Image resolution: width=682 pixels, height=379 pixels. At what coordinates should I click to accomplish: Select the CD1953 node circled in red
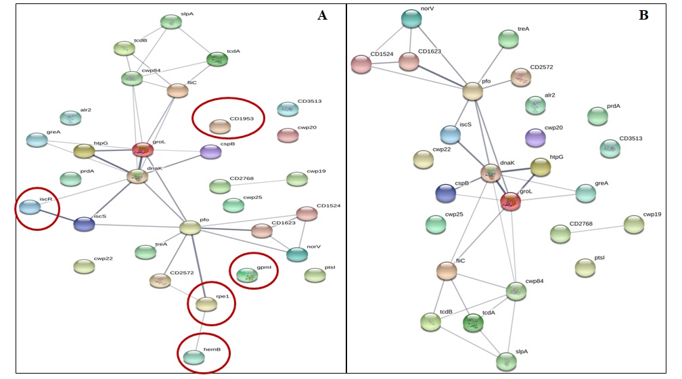(x=219, y=126)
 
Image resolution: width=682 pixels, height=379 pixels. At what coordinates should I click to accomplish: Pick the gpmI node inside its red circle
(x=247, y=274)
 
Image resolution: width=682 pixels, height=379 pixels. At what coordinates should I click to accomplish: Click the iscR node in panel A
(x=29, y=206)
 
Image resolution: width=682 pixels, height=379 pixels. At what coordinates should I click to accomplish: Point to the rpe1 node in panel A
(x=206, y=305)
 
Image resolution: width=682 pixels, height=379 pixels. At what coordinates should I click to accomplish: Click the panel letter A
(x=322, y=16)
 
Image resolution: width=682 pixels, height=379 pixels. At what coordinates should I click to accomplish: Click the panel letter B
(x=643, y=15)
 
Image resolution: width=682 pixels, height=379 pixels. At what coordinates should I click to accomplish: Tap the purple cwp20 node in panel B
(x=536, y=137)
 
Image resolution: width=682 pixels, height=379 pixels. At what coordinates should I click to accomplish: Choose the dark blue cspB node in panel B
(x=446, y=193)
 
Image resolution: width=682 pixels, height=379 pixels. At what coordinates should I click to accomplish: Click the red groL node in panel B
(x=511, y=201)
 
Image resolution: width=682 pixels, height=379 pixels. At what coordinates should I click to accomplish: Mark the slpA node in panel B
(x=505, y=361)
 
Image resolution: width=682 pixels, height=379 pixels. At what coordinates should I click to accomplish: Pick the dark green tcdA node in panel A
(x=217, y=60)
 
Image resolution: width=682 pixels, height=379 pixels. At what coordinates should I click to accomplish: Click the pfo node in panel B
(x=473, y=91)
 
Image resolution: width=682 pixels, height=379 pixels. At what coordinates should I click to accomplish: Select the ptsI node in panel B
(x=585, y=267)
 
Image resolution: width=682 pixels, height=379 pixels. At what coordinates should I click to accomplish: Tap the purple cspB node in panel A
(x=210, y=152)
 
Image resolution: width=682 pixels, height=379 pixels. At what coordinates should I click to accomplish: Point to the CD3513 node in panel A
(x=288, y=109)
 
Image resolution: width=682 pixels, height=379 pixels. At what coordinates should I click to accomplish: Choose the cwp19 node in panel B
(x=634, y=224)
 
